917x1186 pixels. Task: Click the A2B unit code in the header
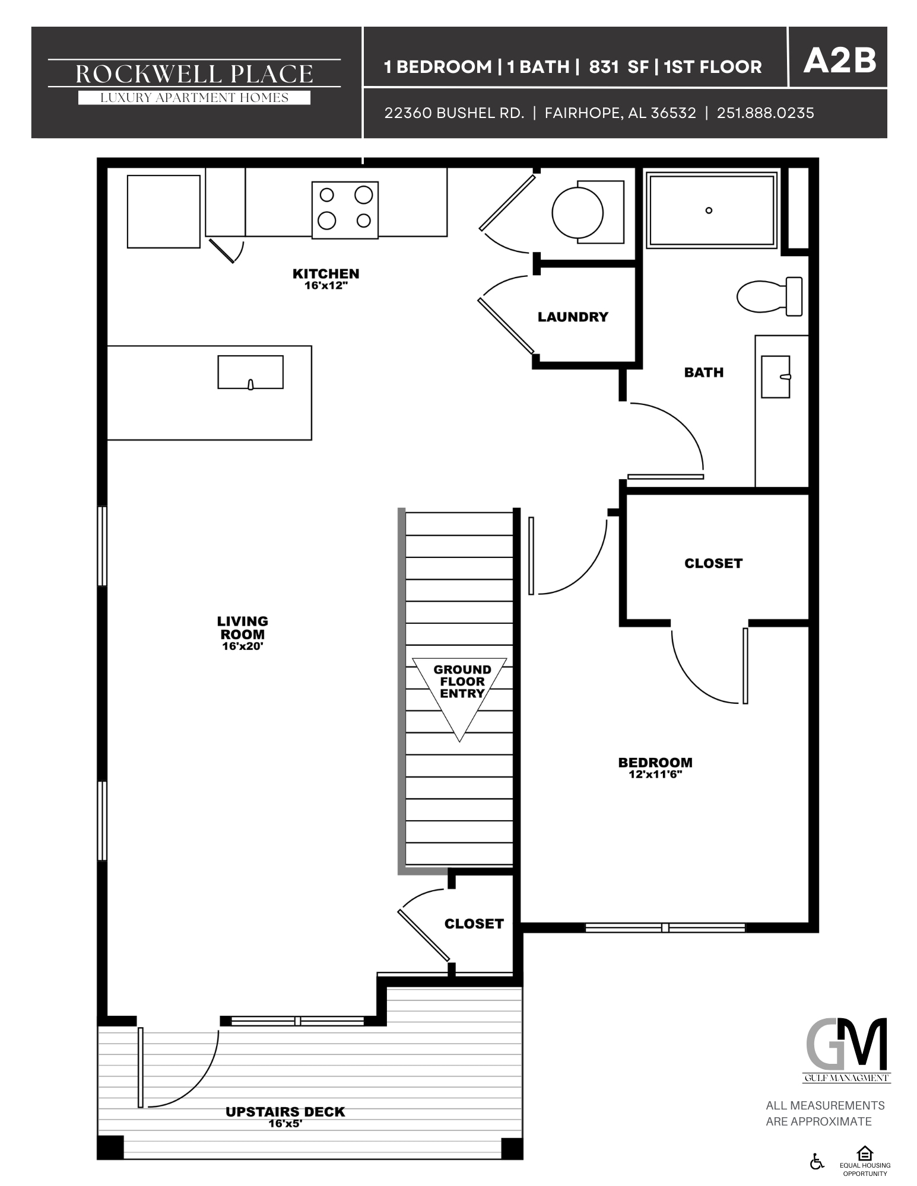[x=839, y=61]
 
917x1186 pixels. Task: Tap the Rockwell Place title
[x=194, y=74]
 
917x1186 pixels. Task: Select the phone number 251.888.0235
[x=765, y=113]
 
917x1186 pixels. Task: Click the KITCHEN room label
[x=326, y=274]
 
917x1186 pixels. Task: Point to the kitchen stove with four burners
[x=345, y=210]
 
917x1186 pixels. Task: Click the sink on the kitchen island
[x=250, y=372]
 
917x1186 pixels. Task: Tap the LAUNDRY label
[x=573, y=317]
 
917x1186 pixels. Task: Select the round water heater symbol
[x=578, y=212]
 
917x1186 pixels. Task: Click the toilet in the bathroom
[x=769, y=296]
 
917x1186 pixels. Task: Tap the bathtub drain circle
[x=709, y=210]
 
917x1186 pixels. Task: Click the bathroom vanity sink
[x=776, y=376]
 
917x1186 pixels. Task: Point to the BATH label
[x=703, y=372]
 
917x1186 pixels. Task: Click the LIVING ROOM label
[x=242, y=627]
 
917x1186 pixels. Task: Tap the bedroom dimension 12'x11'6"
[x=655, y=774]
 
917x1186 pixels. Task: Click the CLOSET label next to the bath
[x=713, y=563]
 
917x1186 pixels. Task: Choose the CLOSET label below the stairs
[x=474, y=923]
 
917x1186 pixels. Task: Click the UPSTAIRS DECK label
[x=285, y=1112]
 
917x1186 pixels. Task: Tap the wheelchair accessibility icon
[x=817, y=1161]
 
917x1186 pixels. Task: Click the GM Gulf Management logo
[x=846, y=1051]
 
